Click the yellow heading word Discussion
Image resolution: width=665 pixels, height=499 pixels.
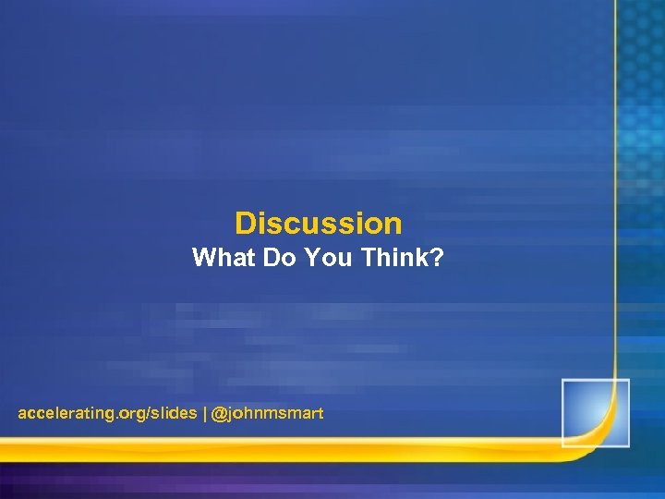(319, 224)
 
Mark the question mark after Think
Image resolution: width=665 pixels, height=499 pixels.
(437, 259)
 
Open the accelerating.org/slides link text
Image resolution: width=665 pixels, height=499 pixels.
(107, 414)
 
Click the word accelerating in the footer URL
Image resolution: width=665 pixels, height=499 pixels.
(64, 414)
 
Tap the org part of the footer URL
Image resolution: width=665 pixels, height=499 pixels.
(132, 414)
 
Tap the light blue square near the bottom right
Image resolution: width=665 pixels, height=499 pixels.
(595, 412)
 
